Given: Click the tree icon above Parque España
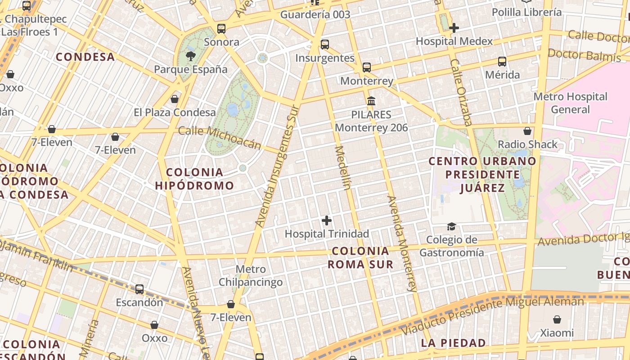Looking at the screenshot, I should tap(191, 56).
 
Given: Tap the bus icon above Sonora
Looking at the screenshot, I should tap(221, 29).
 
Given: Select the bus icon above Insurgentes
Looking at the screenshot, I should tap(324, 45).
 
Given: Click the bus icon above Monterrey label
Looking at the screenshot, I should tap(367, 67).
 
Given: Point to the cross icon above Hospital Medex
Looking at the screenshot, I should tap(454, 28).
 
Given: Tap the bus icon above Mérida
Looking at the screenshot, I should tap(502, 62).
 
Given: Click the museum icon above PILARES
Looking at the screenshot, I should tap(371, 101).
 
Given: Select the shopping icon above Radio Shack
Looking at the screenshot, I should tap(527, 131).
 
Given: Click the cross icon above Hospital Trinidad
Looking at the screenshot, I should tap(327, 220).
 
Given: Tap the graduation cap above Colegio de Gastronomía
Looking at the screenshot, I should tap(451, 226).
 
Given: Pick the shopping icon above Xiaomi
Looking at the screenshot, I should tap(557, 319).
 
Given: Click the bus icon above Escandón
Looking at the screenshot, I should tap(139, 289).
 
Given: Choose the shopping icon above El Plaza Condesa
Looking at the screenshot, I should tap(175, 99).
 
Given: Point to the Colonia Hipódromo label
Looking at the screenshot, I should tap(194, 179).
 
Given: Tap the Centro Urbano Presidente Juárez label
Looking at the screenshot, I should tap(482, 174).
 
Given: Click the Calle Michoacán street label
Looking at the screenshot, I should tap(220, 137).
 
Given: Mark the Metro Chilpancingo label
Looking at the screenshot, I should tap(251, 275).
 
